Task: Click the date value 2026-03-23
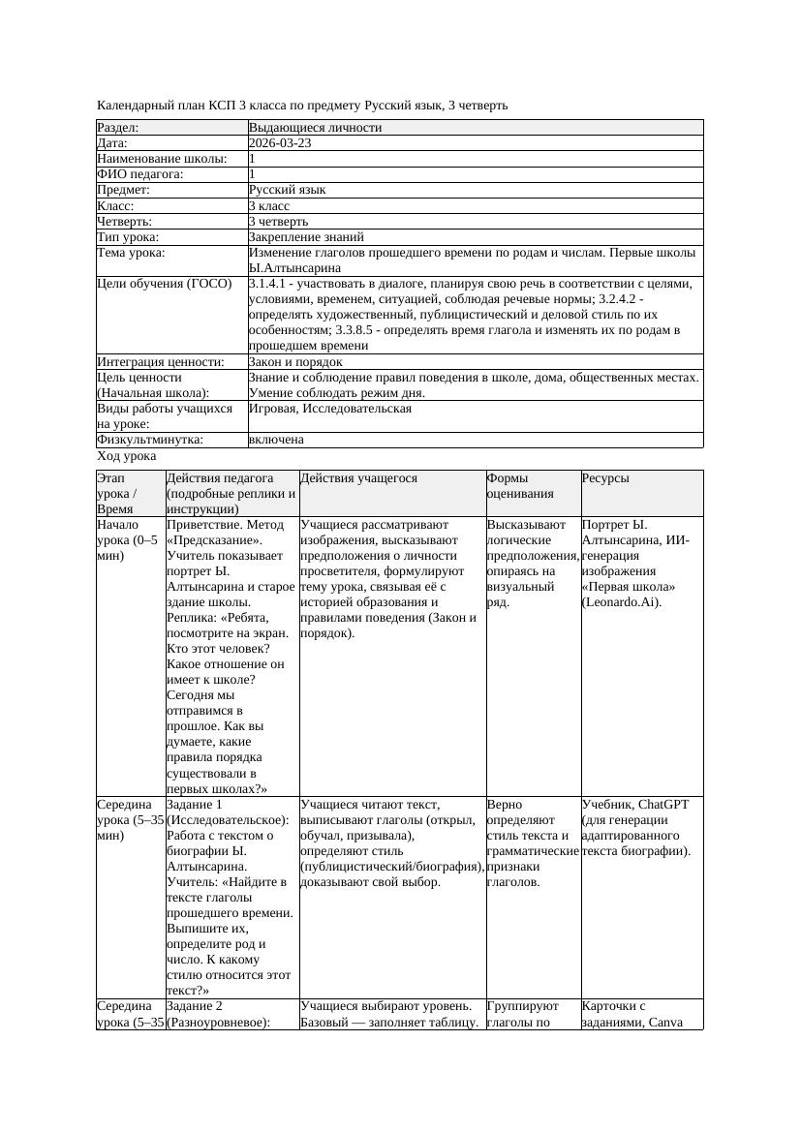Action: pos(280,143)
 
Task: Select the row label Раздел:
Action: pos(117,128)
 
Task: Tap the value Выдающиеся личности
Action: pos(315,128)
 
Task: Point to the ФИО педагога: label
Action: pos(140,174)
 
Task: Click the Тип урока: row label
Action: pos(128,236)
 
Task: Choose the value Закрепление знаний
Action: pos(306,236)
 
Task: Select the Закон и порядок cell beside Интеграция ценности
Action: pos(295,362)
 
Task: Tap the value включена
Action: pos(276,440)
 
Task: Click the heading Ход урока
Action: pos(127,456)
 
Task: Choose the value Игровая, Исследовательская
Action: pos(330,409)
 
